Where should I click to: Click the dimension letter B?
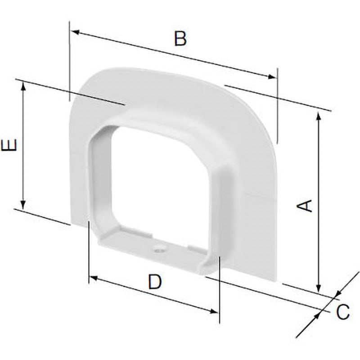tap(180, 39)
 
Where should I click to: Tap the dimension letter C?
tap(343, 312)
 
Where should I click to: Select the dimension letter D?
tap(155, 282)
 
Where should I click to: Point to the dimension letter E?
tap(9, 145)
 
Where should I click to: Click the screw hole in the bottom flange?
tap(159, 249)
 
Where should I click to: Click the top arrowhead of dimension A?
tap(318, 116)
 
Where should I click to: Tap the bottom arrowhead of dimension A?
tap(318, 288)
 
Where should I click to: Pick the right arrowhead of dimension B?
tap(272, 76)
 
